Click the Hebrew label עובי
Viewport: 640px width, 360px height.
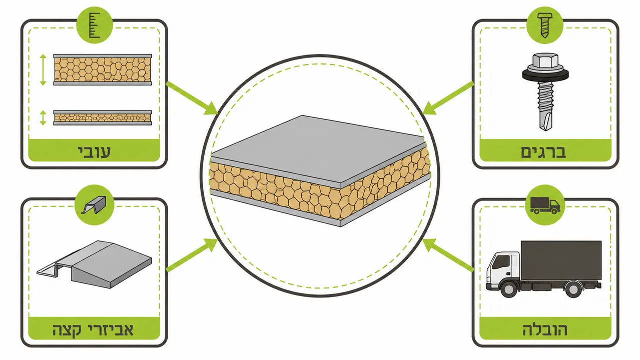[94, 151]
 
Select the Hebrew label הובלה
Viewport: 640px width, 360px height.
[545, 329]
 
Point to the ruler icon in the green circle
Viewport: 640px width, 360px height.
[95, 25]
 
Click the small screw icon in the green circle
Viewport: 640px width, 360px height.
[544, 25]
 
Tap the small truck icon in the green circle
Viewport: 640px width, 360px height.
[545, 205]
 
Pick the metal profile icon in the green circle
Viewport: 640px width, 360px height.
[94, 204]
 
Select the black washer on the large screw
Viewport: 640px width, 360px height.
[545, 75]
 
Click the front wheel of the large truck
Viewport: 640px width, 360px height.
[509, 288]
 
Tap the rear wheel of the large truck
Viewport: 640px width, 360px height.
[573, 289]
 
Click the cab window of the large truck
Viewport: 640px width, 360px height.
[501, 262]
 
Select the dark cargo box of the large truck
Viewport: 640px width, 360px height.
[561, 260]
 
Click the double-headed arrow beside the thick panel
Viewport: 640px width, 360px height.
[43, 69]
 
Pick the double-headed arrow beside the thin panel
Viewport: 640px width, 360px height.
[43, 117]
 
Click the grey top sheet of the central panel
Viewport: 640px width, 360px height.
[317, 148]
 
